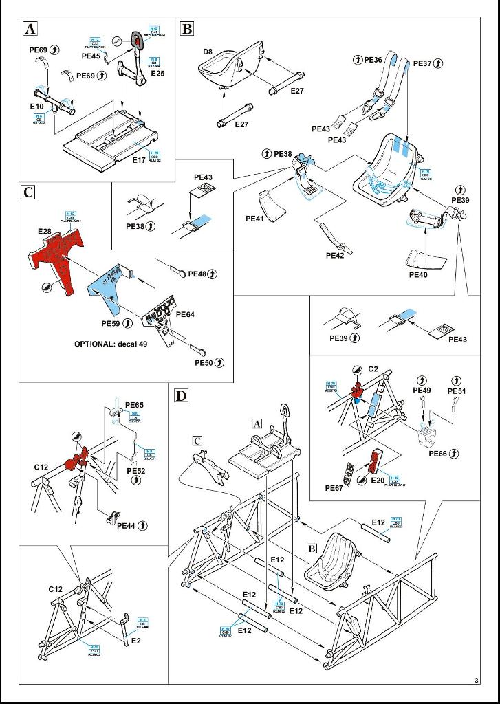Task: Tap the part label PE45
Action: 91,56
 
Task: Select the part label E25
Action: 158,73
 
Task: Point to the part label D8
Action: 208,52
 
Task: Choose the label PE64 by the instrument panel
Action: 185,314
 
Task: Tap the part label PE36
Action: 372,60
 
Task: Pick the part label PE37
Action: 423,63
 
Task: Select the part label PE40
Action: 419,274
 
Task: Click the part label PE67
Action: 335,488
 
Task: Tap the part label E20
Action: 378,480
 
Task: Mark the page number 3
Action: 476,681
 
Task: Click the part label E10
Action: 36,107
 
